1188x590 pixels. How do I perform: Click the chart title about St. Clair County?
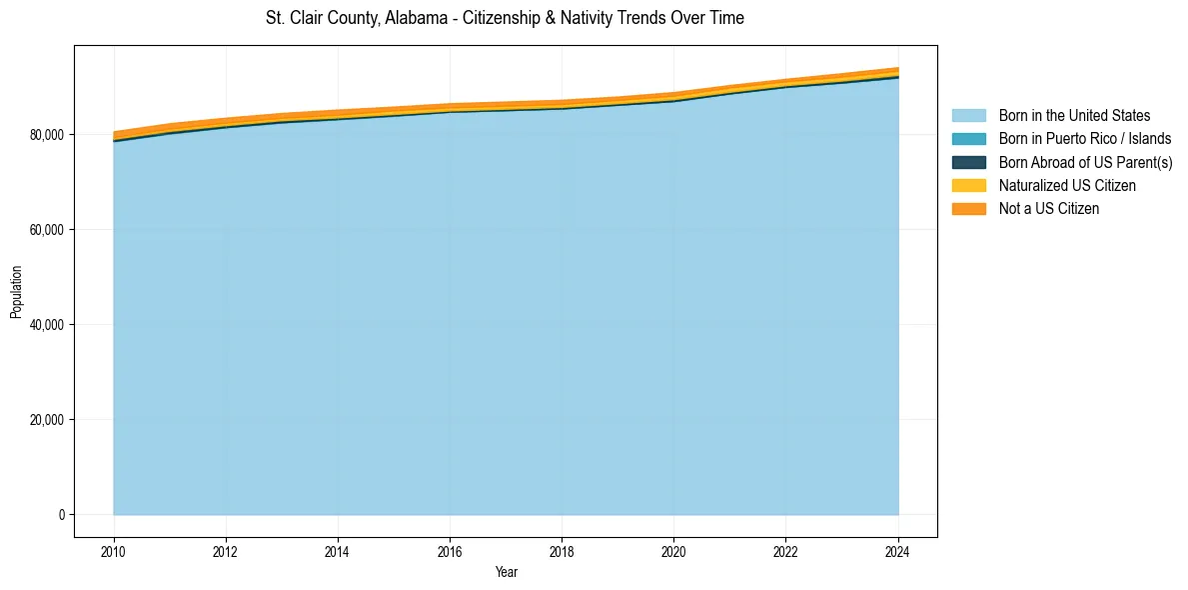coord(505,18)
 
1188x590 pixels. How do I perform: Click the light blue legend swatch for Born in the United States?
coord(968,116)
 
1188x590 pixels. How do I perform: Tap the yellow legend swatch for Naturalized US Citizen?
coord(968,186)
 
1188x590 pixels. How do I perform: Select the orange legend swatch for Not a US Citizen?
coord(968,209)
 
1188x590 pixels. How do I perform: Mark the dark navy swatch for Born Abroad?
coord(968,162)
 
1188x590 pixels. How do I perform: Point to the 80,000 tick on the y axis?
coord(48,135)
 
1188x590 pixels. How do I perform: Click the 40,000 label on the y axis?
coord(48,325)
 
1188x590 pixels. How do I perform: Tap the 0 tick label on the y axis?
coord(61,515)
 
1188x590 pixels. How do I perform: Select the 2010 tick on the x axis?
coord(114,549)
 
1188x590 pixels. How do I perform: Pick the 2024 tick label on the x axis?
coord(898,549)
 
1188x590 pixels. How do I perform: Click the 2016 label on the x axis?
coord(450,549)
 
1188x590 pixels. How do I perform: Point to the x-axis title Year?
coord(506,572)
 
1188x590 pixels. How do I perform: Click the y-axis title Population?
coord(16,292)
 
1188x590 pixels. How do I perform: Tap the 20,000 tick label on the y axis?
coord(48,420)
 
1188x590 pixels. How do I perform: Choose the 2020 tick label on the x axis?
coord(674,549)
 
